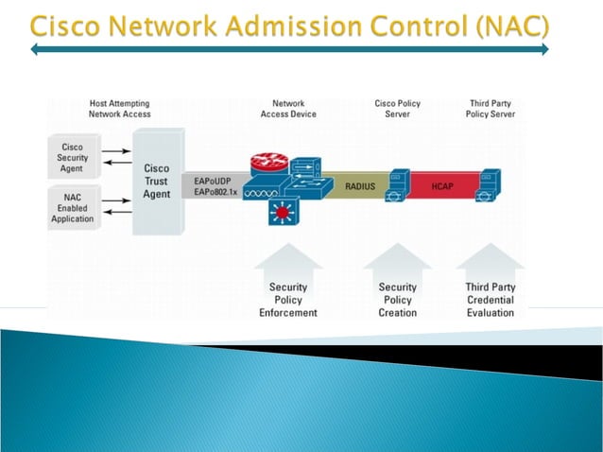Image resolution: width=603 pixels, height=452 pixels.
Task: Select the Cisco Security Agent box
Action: (72, 159)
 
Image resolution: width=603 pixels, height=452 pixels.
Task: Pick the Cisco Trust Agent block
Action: (156, 182)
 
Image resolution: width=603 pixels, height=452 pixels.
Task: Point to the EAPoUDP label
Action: (211, 179)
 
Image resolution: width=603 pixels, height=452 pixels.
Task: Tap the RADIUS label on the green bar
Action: (359, 186)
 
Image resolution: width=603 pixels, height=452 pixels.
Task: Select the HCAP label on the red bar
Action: (443, 186)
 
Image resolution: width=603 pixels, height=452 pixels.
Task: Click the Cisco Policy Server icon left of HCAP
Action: (399, 186)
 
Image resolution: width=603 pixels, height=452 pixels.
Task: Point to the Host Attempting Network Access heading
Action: (119, 109)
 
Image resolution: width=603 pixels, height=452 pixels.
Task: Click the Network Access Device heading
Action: (288, 109)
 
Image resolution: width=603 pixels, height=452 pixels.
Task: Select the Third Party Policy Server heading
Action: (490, 109)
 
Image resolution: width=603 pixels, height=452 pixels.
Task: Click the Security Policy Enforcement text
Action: (288, 300)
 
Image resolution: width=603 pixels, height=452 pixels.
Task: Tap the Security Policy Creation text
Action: (397, 300)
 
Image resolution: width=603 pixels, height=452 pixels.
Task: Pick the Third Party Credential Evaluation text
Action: (490, 300)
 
